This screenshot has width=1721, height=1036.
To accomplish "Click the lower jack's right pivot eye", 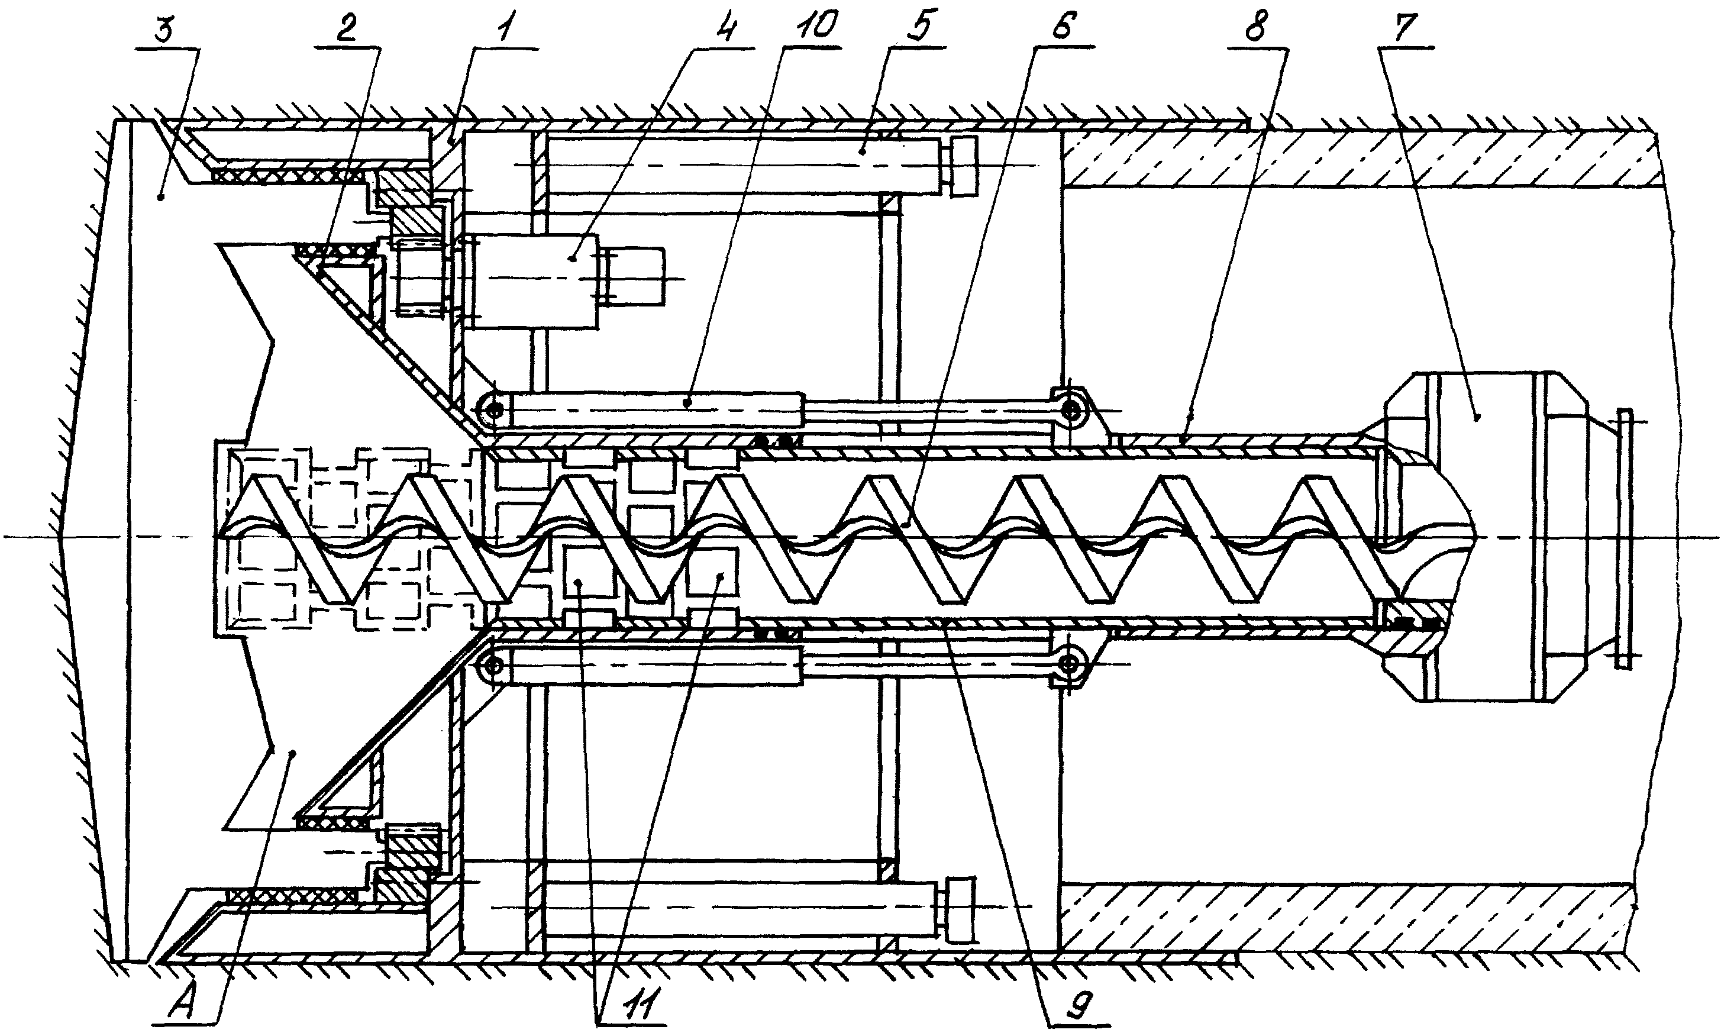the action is (1068, 664).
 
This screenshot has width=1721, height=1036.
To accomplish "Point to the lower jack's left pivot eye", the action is (493, 664).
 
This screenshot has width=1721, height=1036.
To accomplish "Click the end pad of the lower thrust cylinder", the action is (960, 909).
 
